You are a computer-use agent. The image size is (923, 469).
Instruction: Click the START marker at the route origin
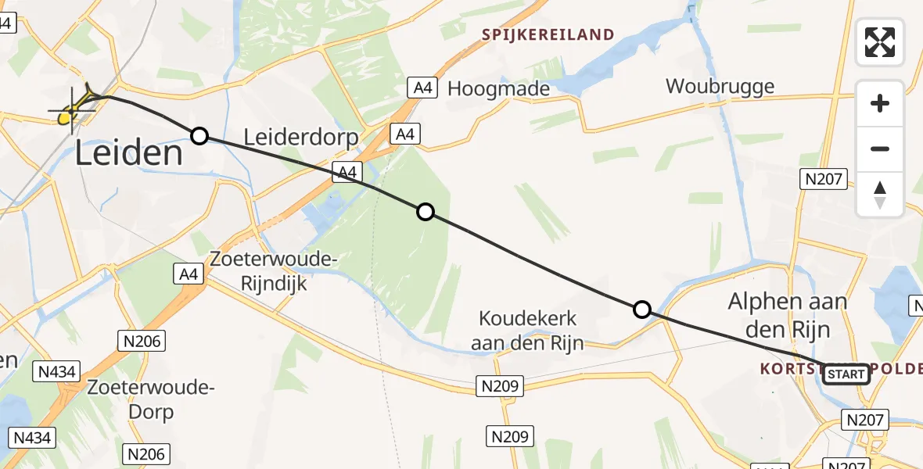[x=846, y=374]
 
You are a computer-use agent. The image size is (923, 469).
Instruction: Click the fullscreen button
[x=880, y=42]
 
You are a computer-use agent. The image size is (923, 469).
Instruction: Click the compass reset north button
[x=880, y=195]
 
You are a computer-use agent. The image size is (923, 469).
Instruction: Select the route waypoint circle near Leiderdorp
[x=199, y=137]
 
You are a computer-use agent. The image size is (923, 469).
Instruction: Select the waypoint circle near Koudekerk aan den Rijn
[x=641, y=310]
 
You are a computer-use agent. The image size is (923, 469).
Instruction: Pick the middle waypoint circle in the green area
[x=425, y=211]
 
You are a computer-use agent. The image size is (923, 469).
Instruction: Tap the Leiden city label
[x=129, y=153]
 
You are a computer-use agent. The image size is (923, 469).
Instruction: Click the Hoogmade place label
[x=498, y=89]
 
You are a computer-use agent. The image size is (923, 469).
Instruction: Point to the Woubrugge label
[x=720, y=86]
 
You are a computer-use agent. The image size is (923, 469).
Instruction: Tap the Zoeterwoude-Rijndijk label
[x=273, y=270]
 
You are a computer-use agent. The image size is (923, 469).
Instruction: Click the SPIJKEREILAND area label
[x=548, y=35]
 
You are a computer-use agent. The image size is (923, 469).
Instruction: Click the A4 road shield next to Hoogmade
[x=422, y=88]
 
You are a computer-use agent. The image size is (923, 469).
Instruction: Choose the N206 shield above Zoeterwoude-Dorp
[x=140, y=340]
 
